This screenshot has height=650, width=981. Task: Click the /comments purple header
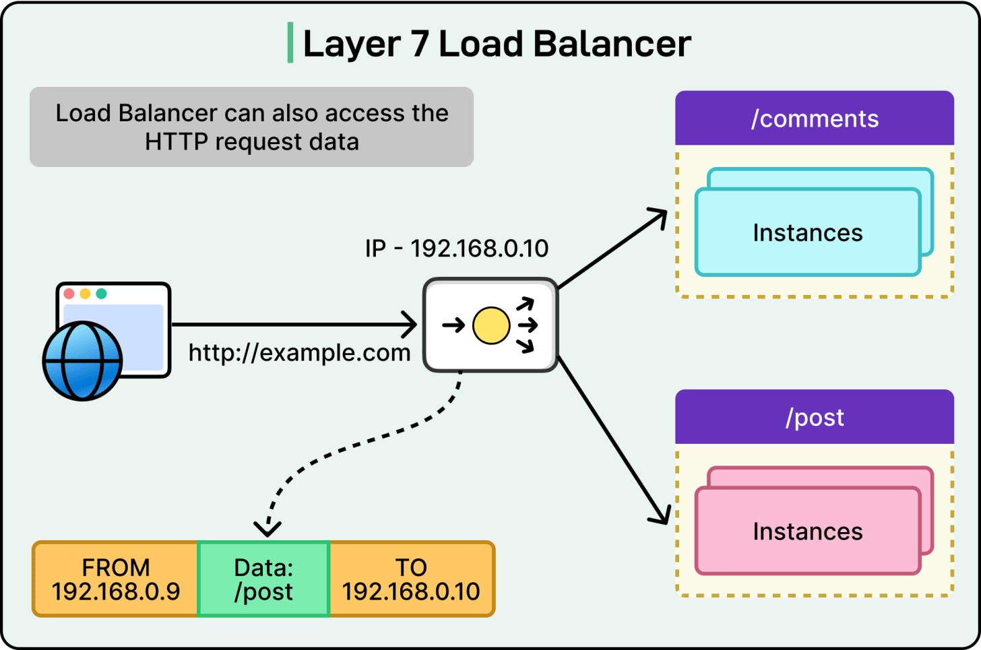click(x=815, y=119)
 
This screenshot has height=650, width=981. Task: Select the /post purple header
click(x=815, y=418)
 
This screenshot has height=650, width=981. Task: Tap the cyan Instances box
click(x=808, y=232)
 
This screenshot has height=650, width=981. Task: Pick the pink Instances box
click(x=808, y=531)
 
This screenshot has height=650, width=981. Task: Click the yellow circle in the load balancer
click(x=491, y=325)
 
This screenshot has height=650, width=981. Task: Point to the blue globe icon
click(x=82, y=361)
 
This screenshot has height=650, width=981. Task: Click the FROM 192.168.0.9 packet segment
click(x=116, y=579)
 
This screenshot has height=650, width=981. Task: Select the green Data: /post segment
click(x=263, y=579)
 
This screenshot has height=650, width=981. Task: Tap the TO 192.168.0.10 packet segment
click(x=411, y=579)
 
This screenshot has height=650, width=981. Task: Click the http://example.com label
click(x=299, y=352)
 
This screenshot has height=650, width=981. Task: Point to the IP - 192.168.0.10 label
click(x=457, y=249)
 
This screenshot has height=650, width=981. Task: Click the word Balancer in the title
click(x=612, y=44)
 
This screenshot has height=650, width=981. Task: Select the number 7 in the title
click(x=419, y=44)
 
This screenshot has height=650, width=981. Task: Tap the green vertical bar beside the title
click(x=290, y=42)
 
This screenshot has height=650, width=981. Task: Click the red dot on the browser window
click(x=69, y=294)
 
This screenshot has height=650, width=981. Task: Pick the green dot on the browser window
click(x=102, y=294)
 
